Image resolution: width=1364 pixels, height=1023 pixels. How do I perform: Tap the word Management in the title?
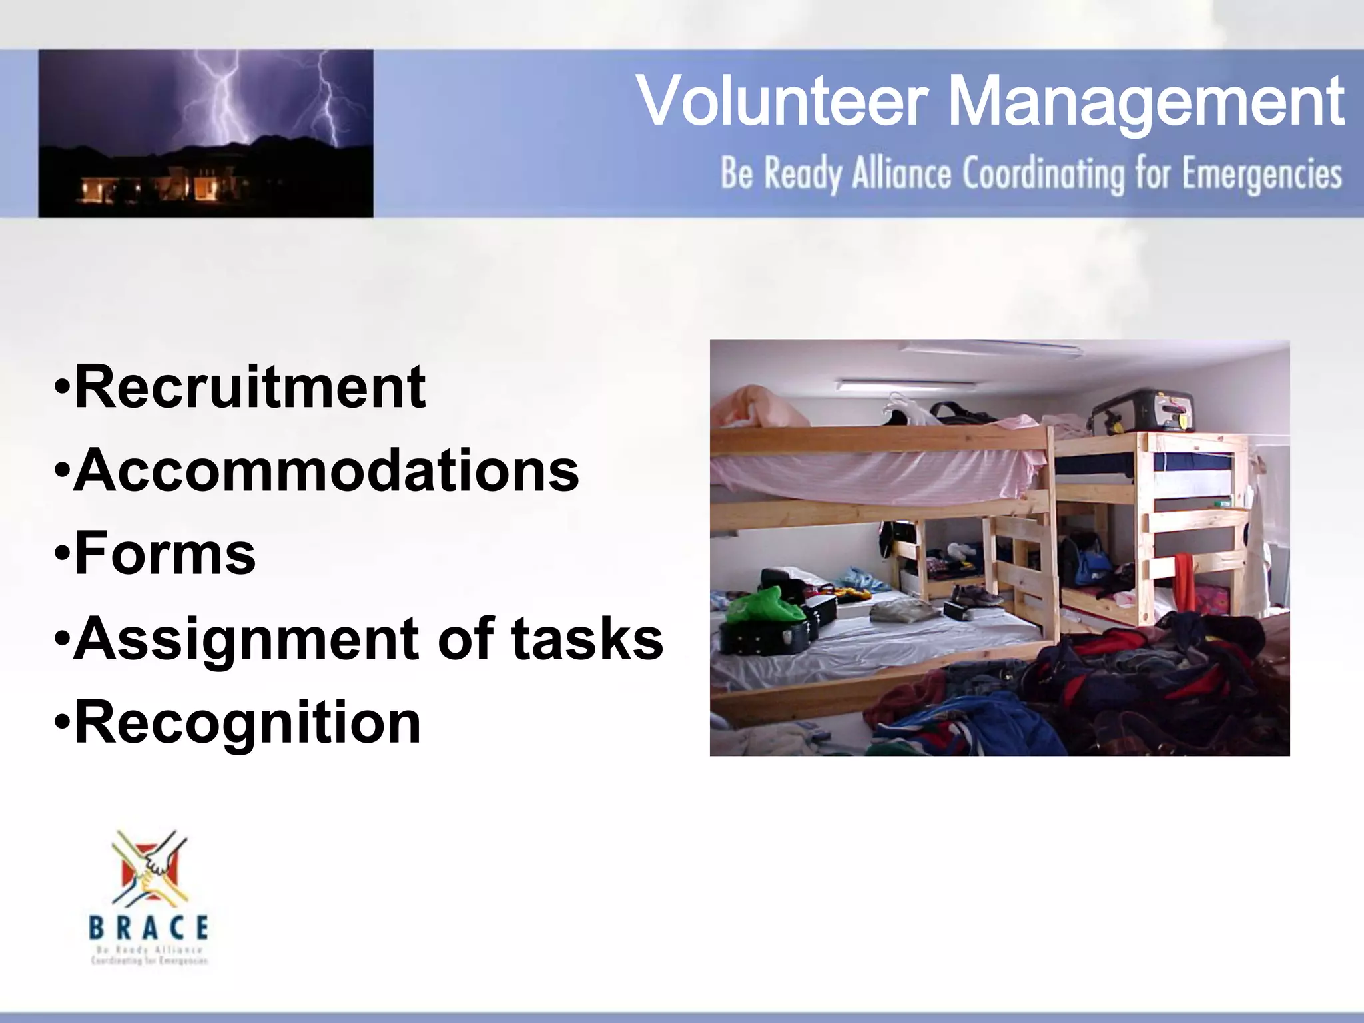(1145, 101)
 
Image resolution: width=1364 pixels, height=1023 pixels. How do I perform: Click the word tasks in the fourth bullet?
(587, 637)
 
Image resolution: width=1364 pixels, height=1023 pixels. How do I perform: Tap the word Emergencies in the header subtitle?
(1261, 174)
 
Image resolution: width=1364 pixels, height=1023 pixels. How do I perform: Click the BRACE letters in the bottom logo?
(149, 927)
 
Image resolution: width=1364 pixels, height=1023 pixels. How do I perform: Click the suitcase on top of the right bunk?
(1142, 410)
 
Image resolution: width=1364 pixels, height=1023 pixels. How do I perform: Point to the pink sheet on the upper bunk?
(872, 470)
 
